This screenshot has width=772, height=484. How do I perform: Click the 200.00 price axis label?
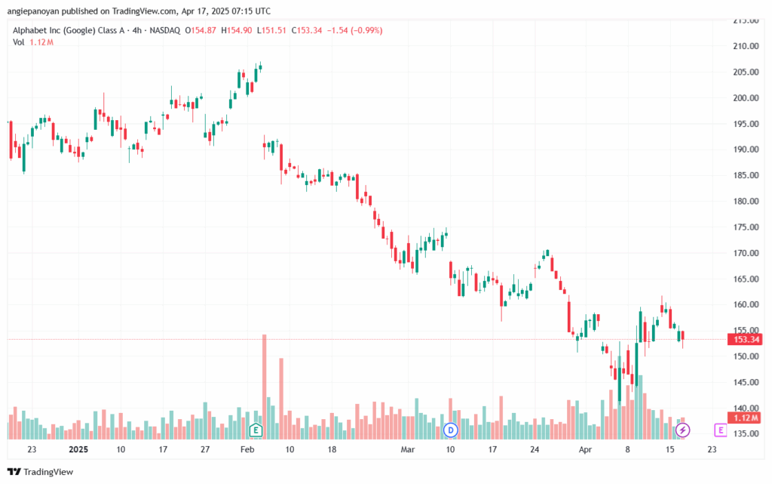pos(746,98)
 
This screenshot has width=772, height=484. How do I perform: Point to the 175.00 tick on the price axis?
pos(746,227)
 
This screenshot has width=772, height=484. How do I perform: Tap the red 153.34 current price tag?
pos(745,339)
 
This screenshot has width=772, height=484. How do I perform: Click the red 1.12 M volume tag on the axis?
pos(745,418)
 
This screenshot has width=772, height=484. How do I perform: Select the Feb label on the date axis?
pos(247,449)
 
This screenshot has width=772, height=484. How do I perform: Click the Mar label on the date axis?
pos(408,449)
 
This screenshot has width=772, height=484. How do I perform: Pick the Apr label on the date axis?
pos(585,449)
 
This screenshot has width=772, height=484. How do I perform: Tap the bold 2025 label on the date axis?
pos(78,449)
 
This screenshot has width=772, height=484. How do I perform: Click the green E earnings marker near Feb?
pos(256,430)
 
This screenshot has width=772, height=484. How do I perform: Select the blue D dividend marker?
pos(451,430)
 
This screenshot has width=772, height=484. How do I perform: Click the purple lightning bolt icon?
pos(682,430)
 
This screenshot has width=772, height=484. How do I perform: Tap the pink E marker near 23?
pos(720,430)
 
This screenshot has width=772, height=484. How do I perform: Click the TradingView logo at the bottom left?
pos(41,472)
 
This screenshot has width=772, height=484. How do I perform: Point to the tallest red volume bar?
pos(265,387)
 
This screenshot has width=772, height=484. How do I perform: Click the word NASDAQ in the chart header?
pos(165,30)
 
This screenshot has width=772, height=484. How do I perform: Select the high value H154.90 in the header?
pos(236,30)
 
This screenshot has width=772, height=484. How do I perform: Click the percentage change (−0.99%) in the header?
pos(367,30)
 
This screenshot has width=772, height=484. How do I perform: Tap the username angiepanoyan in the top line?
pos(33,11)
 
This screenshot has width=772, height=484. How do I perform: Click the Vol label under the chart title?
pos(18,42)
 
